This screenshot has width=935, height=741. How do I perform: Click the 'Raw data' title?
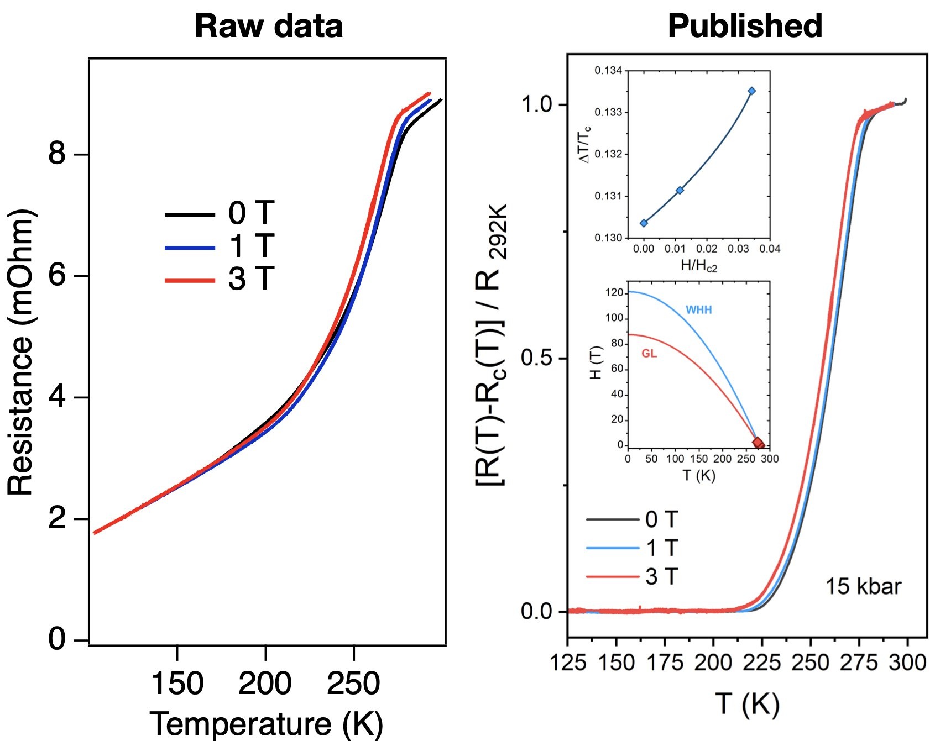click(269, 26)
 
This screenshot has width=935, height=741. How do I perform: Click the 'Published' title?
click(745, 26)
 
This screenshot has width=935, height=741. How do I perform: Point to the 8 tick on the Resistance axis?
click(57, 153)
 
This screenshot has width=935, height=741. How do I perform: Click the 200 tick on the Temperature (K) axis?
click(265, 684)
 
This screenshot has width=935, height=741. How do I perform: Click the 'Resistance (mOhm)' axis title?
click(20, 354)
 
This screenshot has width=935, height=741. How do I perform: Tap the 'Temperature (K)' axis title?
click(266, 724)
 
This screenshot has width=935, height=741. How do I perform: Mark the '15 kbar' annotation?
click(863, 586)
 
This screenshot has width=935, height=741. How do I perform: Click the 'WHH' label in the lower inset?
click(698, 310)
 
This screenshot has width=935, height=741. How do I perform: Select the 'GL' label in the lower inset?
click(649, 354)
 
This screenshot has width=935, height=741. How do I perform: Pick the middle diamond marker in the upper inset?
click(680, 190)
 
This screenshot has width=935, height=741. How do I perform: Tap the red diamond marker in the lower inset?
click(759, 443)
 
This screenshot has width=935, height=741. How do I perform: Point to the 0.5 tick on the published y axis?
click(536, 358)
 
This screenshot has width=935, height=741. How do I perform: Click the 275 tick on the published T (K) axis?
click(859, 662)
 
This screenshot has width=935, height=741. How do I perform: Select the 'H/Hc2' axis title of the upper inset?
click(698, 266)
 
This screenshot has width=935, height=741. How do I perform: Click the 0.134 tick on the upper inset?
click(608, 71)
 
